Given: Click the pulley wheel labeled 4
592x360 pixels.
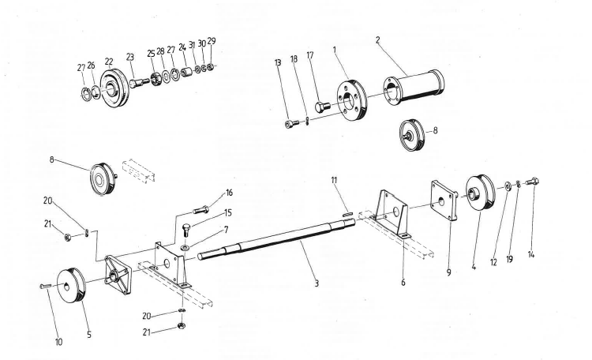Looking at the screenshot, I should click(x=479, y=193).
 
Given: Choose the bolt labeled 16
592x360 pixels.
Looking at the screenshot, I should click(x=200, y=209).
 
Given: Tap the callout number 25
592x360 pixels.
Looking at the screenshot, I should click(x=151, y=53).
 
